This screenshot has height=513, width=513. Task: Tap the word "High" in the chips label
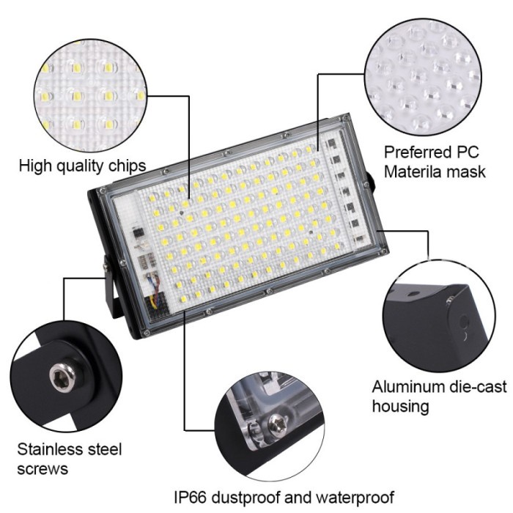(x=34, y=165)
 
